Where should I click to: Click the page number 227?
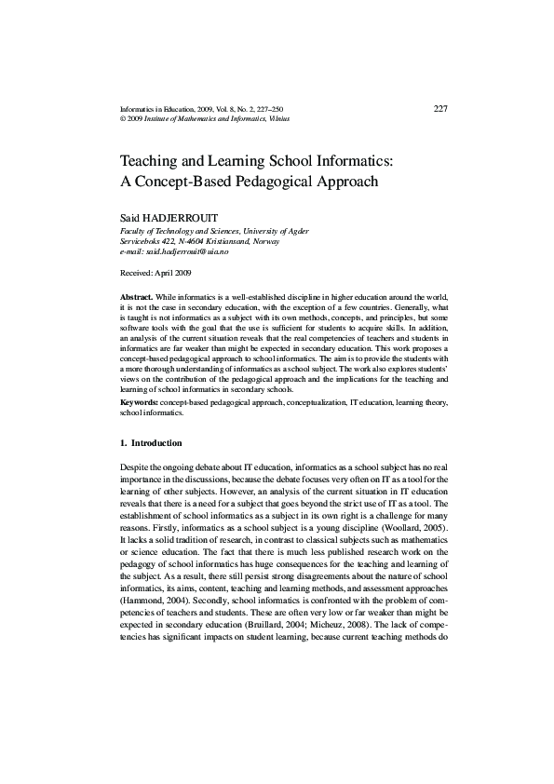click(441, 109)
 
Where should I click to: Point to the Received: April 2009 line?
click(155, 273)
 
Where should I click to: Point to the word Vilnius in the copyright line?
click(302, 119)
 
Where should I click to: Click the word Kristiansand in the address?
click(212, 240)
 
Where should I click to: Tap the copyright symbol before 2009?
click(124, 119)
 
